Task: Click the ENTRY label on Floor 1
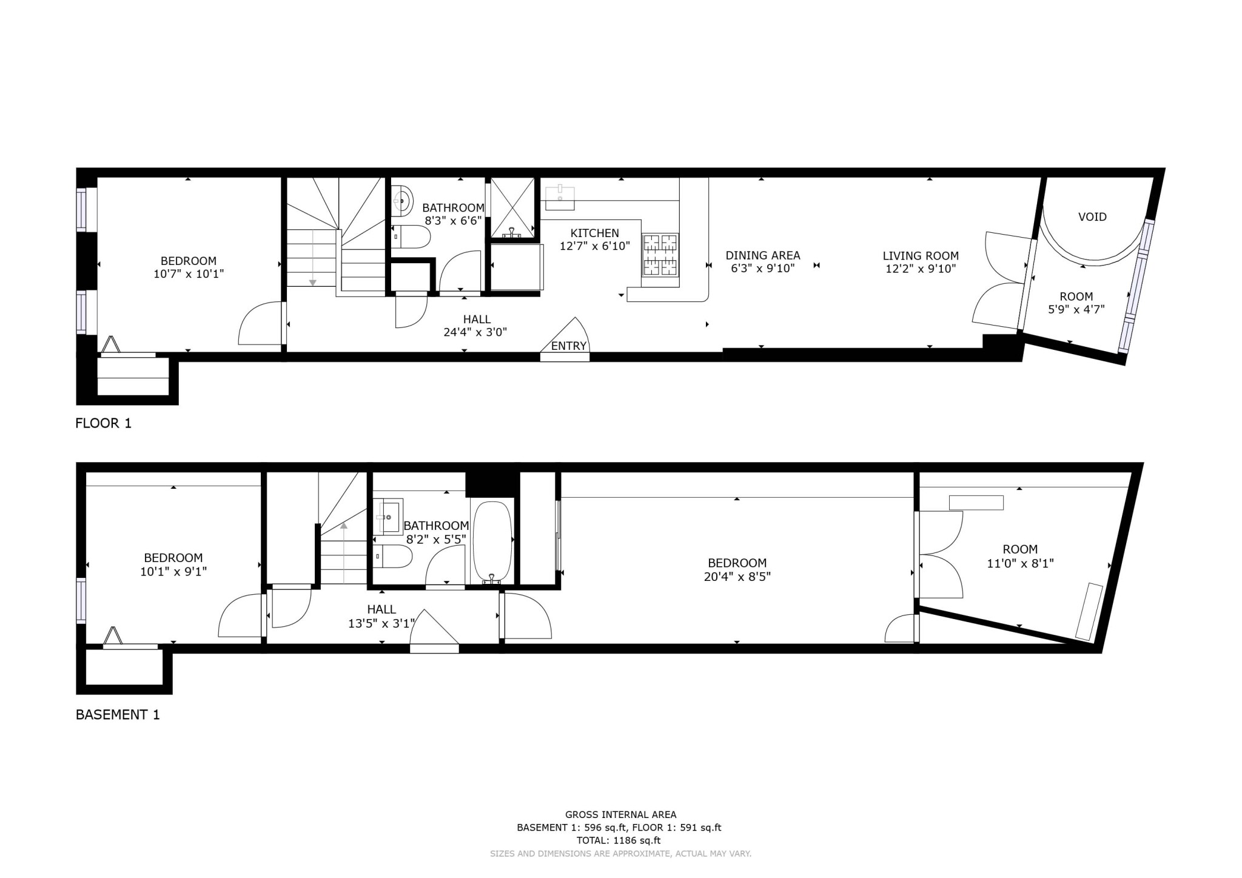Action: click(568, 346)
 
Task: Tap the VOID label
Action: click(1092, 217)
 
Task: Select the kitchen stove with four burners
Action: click(660, 255)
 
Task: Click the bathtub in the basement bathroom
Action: click(492, 541)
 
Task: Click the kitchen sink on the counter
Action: click(559, 195)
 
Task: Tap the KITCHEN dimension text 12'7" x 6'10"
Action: click(594, 246)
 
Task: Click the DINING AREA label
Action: click(762, 256)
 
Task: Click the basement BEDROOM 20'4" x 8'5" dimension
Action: click(737, 576)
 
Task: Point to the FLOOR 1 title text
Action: click(103, 423)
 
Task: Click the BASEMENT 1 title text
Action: click(118, 715)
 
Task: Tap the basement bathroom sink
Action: click(388, 517)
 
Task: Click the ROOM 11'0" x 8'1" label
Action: click(1020, 556)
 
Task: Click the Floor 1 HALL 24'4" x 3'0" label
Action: click(477, 326)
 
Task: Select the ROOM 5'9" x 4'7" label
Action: click(1076, 303)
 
